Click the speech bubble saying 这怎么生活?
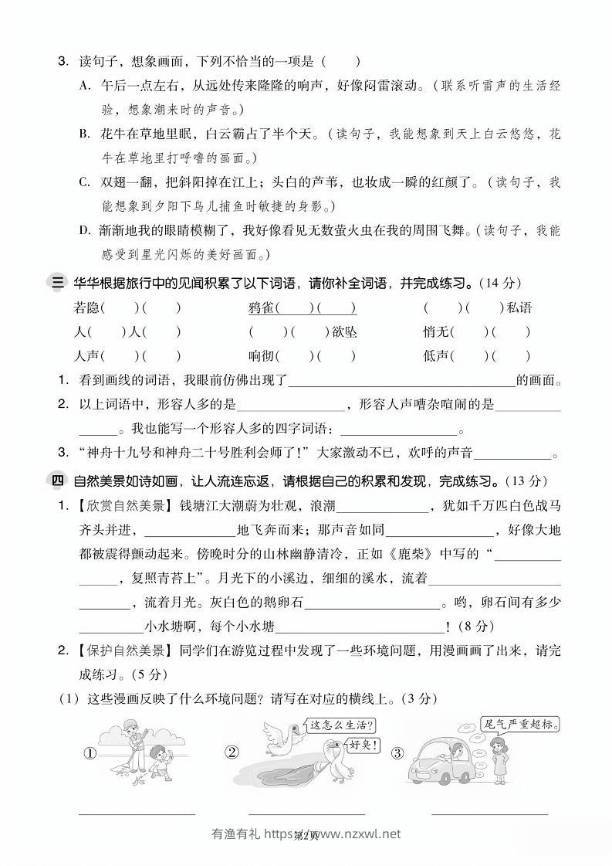point(341,726)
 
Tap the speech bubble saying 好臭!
point(363,745)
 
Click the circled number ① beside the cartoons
point(90,753)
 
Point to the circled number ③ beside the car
point(397,753)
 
